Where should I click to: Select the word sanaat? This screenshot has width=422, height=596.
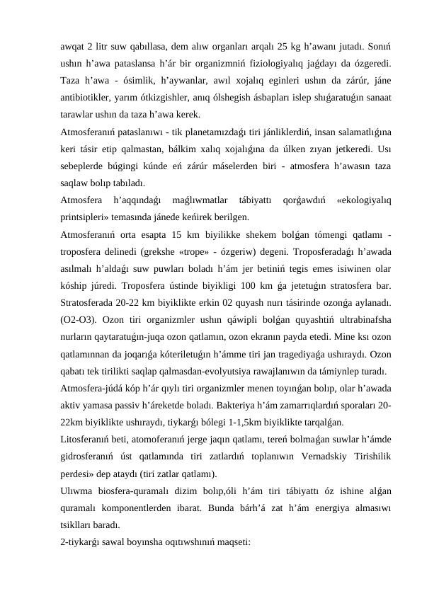pyautogui.click(x=377, y=97)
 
